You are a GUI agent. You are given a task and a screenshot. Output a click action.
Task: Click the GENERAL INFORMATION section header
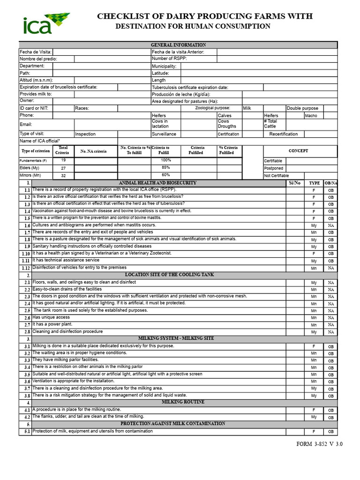point(178,45)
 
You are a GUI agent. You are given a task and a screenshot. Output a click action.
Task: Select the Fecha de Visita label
point(36,52)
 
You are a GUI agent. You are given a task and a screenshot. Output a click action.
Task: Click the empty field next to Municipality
point(259,66)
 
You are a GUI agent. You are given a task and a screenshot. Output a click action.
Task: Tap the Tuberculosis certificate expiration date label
point(190,87)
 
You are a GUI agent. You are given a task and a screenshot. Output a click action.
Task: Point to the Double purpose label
point(302,108)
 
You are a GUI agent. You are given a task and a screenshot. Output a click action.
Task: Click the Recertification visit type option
point(283,134)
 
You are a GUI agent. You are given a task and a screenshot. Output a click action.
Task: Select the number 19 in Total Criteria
point(63,160)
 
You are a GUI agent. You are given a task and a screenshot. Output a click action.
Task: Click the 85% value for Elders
point(165,167)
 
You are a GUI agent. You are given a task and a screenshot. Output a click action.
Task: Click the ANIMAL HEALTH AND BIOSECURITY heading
point(158,183)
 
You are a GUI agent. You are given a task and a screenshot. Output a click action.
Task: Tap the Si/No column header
point(295,183)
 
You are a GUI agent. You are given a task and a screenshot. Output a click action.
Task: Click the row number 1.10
point(25,254)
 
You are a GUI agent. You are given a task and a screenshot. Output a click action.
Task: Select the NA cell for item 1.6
point(331,225)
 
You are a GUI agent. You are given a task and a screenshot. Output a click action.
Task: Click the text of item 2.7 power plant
point(52,324)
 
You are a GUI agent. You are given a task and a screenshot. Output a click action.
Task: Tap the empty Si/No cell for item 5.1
point(295,431)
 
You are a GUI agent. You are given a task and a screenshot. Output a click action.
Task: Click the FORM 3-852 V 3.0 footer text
point(320,444)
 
